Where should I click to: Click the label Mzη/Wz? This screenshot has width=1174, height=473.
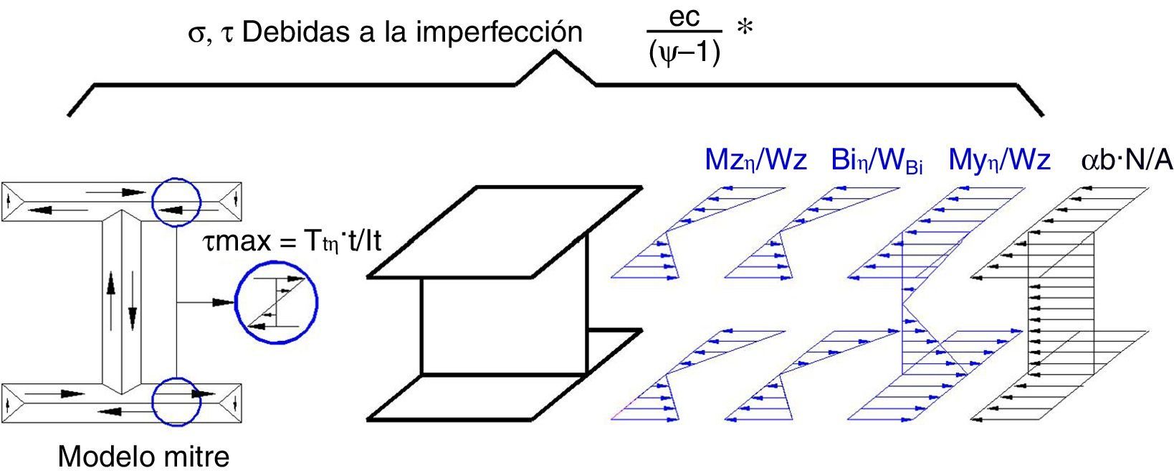pos(755,161)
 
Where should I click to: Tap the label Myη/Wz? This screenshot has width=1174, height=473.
pos(999,161)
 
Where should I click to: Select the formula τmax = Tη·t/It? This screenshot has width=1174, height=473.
pos(292,242)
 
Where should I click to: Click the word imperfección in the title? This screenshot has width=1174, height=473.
pos(492,33)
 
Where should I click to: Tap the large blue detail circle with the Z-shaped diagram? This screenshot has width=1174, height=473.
pos(277,301)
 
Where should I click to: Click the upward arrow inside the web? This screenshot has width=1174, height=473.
pos(111,291)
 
